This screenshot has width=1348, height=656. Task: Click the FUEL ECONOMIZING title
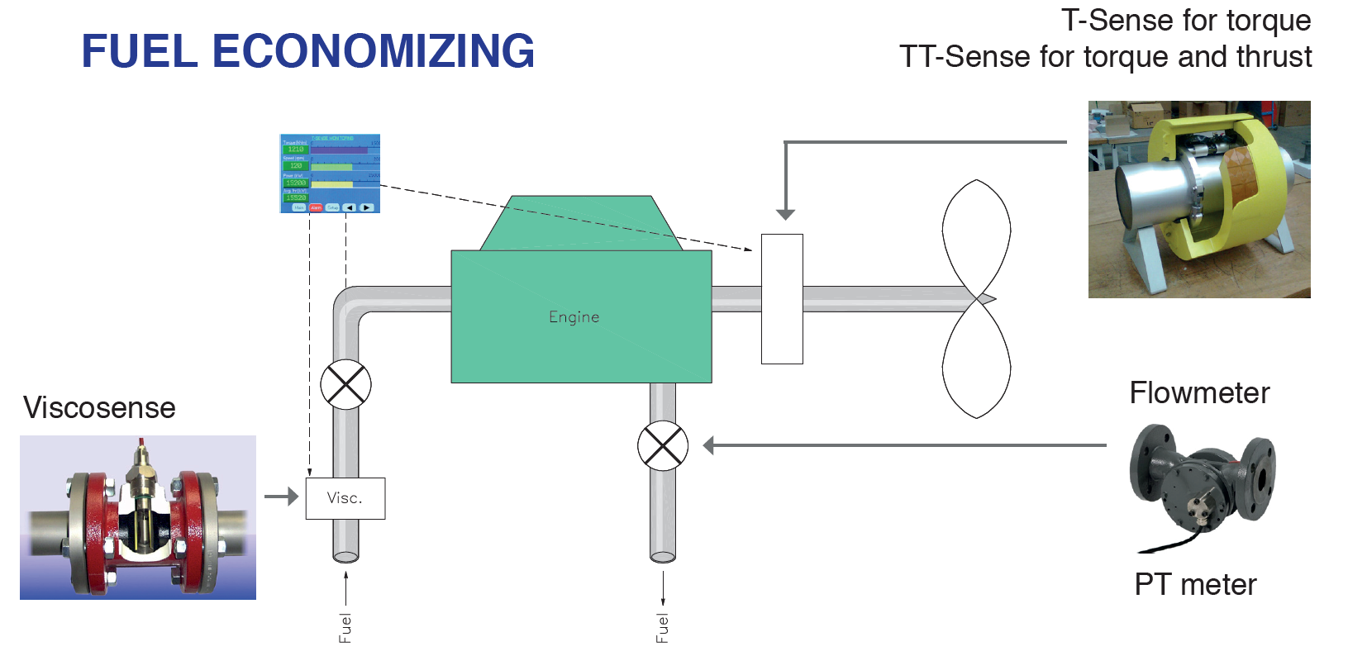point(307,51)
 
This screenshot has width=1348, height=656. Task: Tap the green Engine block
point(580,316)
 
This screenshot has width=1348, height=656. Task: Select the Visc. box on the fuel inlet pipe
point(345,498)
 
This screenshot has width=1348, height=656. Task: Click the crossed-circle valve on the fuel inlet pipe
point(345,384)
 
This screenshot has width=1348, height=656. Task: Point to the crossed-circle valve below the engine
point(663,446)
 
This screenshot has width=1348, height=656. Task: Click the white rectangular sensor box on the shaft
point(782,298)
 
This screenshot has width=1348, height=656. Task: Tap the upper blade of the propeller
point(977,235)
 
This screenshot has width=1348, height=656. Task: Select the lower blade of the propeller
point(977,359)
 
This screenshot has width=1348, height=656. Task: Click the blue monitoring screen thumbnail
point(330,174)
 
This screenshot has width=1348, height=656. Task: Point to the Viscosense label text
point(99,407)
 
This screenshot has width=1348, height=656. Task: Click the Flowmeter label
point(1199,392)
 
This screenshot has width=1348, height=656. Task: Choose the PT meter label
point(1195,584)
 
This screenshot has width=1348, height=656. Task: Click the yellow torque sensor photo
point(1199,199)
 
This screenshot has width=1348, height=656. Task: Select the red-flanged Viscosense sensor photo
point(138,517)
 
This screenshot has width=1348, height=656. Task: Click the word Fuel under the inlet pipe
point(345,628)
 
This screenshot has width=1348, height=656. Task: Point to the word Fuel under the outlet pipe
point(663,628)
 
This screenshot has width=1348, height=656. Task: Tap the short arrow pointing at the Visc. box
point(281,497)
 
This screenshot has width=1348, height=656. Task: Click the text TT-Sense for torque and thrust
point(1105,57)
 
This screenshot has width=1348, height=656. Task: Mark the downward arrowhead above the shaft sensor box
point(786,214)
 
